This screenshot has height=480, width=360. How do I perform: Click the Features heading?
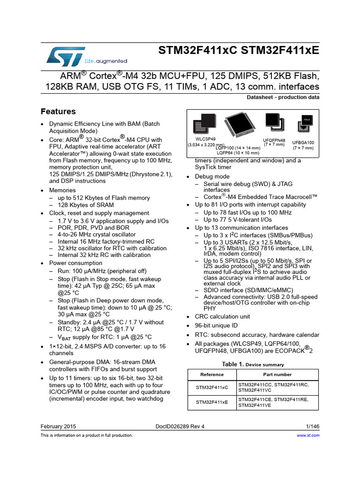pyautogui.click(x=58, y=112)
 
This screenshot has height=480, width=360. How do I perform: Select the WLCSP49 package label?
pyautogui.click(x=206, y=139)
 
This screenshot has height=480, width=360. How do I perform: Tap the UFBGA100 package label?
pyautogui.click(x=303, y=142)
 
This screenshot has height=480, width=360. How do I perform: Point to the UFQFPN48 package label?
pyautogui.click(x=274, y=140)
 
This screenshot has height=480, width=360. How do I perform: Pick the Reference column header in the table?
pyautogui.click(x=212, y=375)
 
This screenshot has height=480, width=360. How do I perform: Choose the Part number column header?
pyautogui.click(x=277, y=375)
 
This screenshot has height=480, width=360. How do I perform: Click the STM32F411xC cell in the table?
pyautogui.click(x=212, y=388)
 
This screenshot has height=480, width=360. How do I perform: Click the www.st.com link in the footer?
pyautogui.click(x=308, y=435)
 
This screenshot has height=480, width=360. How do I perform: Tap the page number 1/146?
pyautogui.click(x=312, y=427)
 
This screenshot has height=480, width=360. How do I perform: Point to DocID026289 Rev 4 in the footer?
pyautogui.click(x=180, y=427)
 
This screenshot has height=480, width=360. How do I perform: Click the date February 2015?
pyautogui.click(x=59, y=427)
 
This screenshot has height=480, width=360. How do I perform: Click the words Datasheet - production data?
pyautogui.click(x=283, y=97)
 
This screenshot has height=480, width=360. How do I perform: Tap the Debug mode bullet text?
pyautogui.click(x=212, y=177)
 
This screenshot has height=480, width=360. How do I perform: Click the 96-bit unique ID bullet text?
pyautogui.click(x=217, y=325)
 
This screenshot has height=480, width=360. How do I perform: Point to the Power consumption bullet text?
pyautogui.click(x=75, y=263)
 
